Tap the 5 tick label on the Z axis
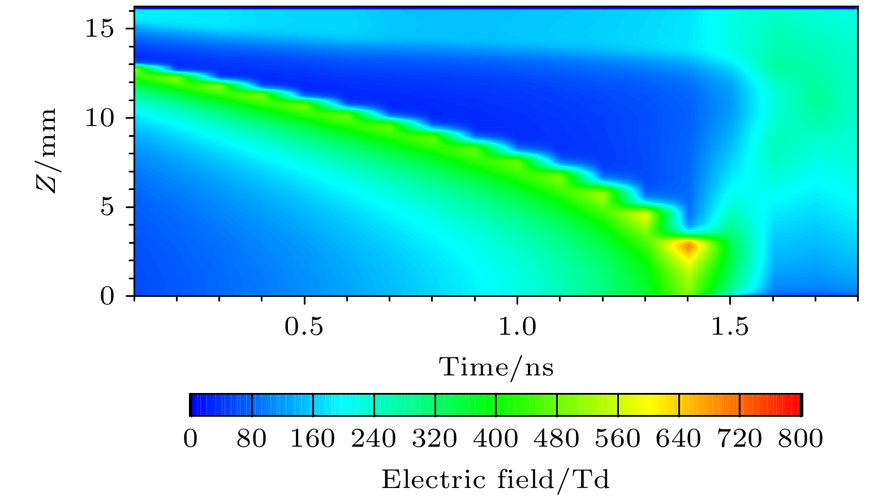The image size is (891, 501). coord(107,207)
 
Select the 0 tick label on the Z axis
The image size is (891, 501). coord(107,296)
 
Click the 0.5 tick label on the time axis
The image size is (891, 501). coord(304,326)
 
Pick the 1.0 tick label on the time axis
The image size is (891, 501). coord(517,326)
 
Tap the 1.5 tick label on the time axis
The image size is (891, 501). coord(730,326)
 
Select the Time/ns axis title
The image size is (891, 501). coord(496,367)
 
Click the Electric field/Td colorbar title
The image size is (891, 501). coord(496,480)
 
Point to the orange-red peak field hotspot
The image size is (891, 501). coord(688,248)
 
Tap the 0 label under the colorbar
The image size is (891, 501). coord(191,439)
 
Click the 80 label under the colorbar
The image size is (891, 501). coord(252,439)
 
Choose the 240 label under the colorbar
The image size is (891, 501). coord(373,439)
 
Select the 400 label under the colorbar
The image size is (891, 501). coord(496,439)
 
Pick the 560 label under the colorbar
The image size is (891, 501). coord(618,439)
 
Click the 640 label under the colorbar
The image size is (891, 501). coord(679,439)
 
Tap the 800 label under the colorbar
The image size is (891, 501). coord(800,439)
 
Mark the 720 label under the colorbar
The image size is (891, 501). coord(739,439)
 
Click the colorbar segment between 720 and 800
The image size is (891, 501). coord(770,405)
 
